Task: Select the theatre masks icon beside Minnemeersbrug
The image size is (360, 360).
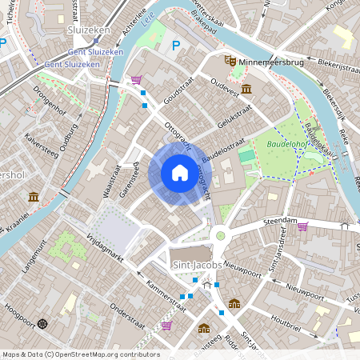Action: (x=230, y=59)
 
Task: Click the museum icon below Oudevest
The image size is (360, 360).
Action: (x=244, y=88)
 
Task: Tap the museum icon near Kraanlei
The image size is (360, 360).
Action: (x=34, y=197)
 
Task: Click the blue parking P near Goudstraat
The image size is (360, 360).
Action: (x=176, y=46)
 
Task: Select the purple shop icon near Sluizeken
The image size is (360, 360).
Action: (x=136, y=80)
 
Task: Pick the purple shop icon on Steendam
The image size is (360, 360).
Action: (x=302, y=226)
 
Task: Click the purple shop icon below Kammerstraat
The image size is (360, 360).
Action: (x=166, y=325)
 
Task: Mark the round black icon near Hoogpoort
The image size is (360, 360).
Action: (x=42, y=323)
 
